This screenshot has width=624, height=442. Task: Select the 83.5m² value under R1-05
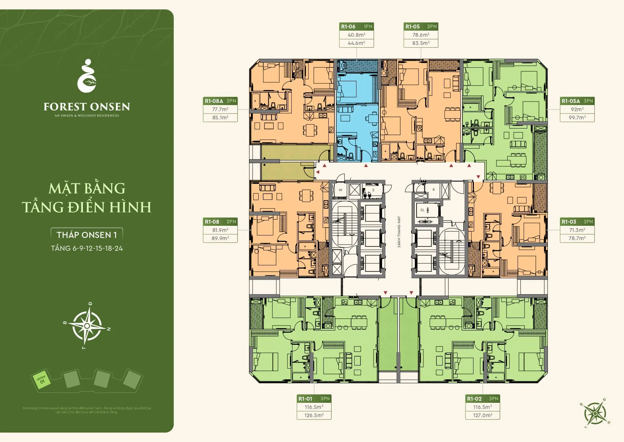(x=421, y=43)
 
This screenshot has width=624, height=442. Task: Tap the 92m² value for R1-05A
(x=577, y=109)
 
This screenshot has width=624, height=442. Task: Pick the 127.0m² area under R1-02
(x=482, y=415)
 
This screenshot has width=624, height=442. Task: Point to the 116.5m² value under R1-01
(x=314, y=407)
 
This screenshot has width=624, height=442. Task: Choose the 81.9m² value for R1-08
(x=220, y=230)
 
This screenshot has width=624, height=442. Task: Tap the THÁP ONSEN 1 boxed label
(x=87, y=235)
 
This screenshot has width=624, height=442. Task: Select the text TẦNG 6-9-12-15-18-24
(x=87, y=248)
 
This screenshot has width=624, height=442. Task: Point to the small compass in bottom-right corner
(x=595, y=413)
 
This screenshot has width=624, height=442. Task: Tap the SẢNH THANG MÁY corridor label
(x=399, y=232)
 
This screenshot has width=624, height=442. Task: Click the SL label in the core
(x=422, y=210)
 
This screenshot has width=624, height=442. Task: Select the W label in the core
(x=340, y=190)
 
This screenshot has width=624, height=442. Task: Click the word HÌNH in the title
(x=131, y=207)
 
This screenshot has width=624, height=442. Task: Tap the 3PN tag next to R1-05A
(x=588, y=101)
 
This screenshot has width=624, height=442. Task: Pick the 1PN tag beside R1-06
(x=368, y=26)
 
